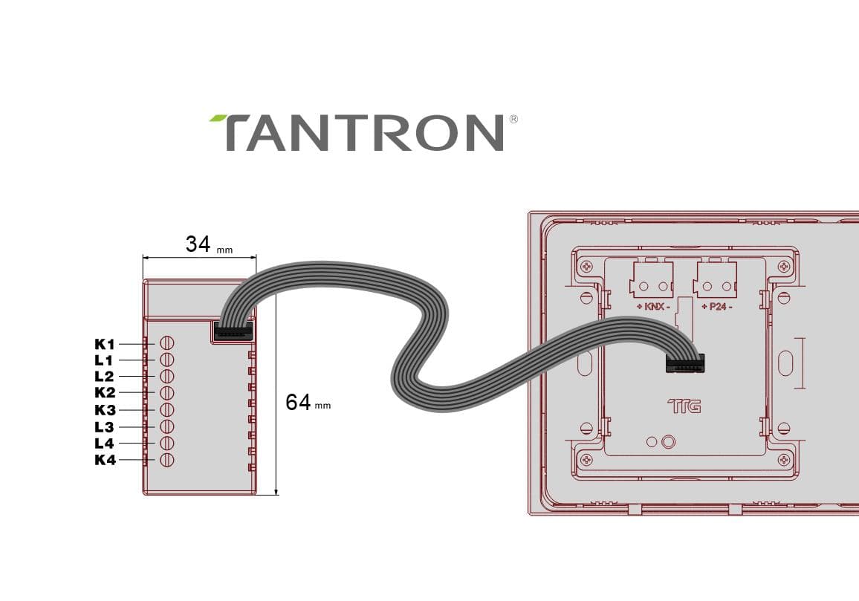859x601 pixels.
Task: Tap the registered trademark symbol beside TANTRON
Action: pos(513,119)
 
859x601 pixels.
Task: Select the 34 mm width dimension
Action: pos(209,244)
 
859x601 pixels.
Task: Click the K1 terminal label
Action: pos(105,344)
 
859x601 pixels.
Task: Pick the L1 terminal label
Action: pos(103,360)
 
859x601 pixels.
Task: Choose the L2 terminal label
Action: pos(104,377)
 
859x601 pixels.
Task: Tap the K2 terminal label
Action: pos(105,393)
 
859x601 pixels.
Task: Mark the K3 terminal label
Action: pos(105,410)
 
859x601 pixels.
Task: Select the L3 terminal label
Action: pos(104,426)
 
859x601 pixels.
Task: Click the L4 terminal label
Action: pos(104,443)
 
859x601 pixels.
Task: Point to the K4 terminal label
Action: pos(105,460)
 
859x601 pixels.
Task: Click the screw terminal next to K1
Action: pos(167,343)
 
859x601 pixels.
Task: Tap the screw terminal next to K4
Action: pos(167,460)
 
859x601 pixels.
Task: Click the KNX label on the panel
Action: pos(654,307)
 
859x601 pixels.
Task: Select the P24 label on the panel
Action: pos(717,307)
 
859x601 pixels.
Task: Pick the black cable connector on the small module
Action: pos(233,331)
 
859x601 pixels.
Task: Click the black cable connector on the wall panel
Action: pos(685,363)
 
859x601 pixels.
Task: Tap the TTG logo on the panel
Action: pos(684,406)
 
